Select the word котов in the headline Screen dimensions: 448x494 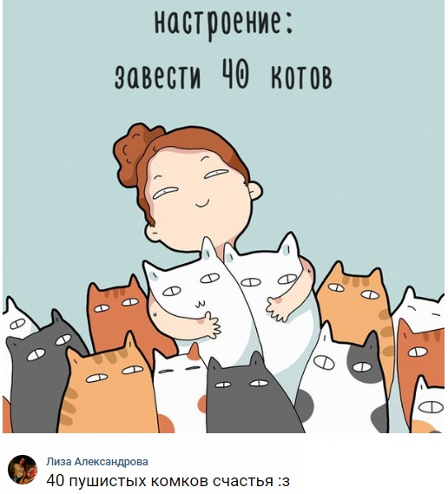point(301,76)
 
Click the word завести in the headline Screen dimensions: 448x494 point(157,77)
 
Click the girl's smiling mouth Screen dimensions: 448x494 point(202,204)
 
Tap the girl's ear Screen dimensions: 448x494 point(255,191)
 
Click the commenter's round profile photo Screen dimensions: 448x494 point(23,470)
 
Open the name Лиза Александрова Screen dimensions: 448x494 point(97,462)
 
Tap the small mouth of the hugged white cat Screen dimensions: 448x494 point(200,304)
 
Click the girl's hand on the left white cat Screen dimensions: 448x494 point(209,325)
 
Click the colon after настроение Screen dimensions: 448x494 point(289,25)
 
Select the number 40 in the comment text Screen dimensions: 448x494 point(56,481)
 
